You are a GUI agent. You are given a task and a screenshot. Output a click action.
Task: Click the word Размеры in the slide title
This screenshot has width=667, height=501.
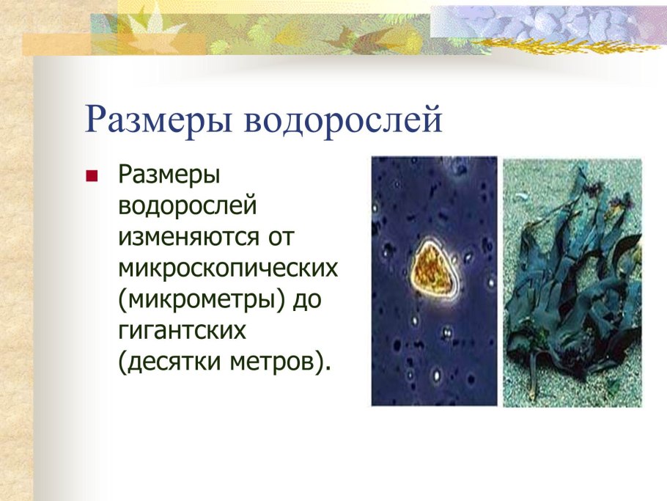pos(159,120)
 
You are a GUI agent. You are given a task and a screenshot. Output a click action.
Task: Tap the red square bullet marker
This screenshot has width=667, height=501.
pos(92,177)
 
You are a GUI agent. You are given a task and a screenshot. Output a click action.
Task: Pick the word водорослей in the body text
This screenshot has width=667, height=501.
pos(188,206)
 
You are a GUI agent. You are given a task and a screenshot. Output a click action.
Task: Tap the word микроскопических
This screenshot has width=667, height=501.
pos(228,268)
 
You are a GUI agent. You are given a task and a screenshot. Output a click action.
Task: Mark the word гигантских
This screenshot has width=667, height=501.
pos(180,330)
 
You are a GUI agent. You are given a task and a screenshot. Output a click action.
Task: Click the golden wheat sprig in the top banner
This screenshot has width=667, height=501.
pos(557,45)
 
